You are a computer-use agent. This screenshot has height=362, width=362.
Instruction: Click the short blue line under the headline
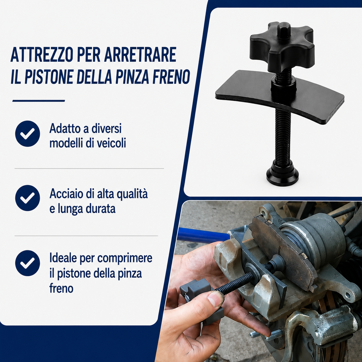[x=39, y=101]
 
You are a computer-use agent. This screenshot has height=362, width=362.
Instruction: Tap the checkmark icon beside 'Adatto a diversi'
[x=28, y=134]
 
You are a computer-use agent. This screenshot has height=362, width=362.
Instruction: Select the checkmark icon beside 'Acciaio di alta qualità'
[x=28, y=198]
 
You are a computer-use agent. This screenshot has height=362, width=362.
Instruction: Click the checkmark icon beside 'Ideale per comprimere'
[x=28, y=263]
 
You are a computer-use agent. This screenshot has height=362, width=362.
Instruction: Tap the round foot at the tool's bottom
[x=282, y=176]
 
